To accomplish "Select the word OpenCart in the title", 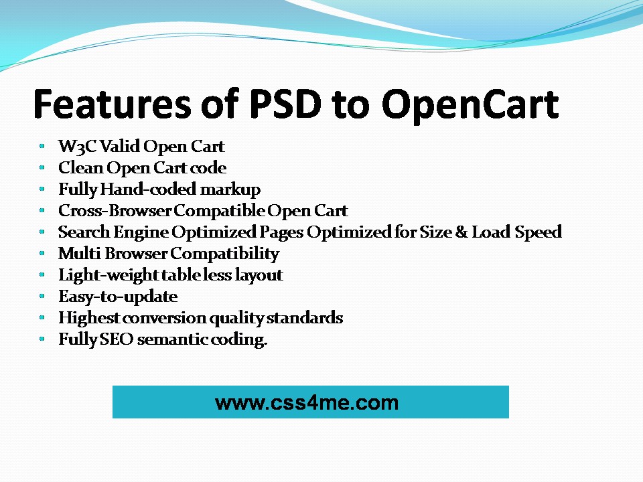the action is click(470, 106).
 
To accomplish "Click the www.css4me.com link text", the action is click(307, 402).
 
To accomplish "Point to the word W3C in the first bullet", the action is click(77, 147).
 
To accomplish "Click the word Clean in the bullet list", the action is click(80, 167).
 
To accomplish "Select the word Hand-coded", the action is click(148, 189).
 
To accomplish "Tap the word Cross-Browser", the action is click(115, 210).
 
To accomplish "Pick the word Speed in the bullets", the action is click(538, 233).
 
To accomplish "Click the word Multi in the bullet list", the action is click(80, 253).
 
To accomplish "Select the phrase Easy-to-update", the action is click(118, 297).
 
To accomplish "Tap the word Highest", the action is click(89, 318).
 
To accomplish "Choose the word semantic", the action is click(172, 339).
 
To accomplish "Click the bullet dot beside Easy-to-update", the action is click(42, 295).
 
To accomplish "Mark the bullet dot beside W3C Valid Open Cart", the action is click(42, 145).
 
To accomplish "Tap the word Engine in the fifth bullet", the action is click(141, 233).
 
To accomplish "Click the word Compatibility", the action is click(225, 254).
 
